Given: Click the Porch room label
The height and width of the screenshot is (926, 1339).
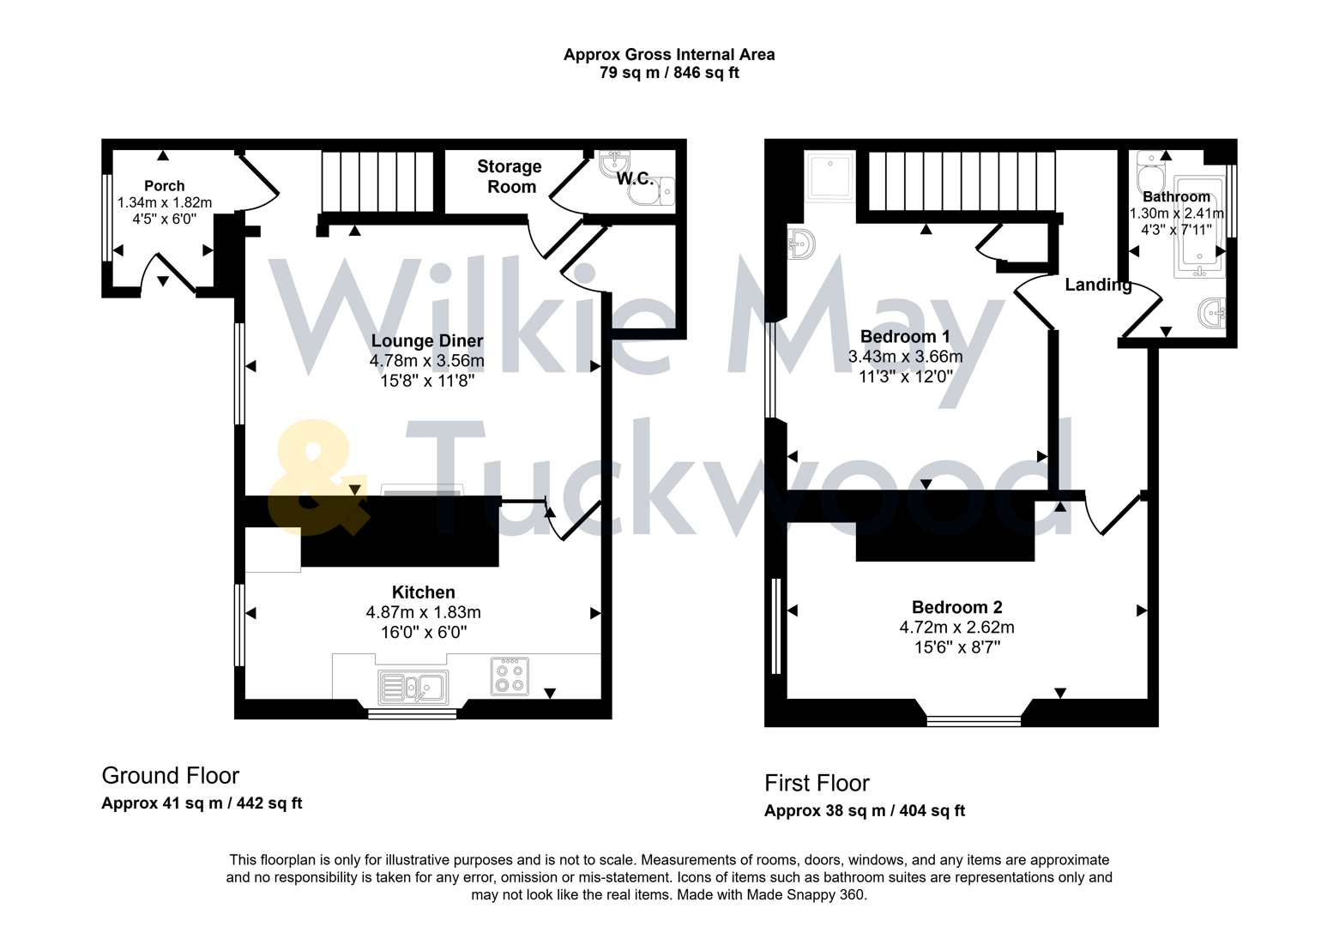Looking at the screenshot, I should point(164,185).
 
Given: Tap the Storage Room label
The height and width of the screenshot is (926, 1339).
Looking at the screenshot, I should point(510,177).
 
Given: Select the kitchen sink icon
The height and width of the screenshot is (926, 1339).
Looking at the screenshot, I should point(413,687).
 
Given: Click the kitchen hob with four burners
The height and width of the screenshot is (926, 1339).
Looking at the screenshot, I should point(510,676).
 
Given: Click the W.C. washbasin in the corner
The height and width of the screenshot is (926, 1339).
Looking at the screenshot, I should point(615,162).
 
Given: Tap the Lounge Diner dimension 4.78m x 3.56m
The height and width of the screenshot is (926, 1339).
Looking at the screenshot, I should point(426,361).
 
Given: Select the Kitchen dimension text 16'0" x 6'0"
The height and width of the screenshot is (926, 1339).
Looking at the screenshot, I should point(423,633).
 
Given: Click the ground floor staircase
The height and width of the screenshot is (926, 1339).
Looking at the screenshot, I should point(377,181).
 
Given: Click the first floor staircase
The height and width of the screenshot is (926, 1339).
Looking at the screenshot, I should point(961,181).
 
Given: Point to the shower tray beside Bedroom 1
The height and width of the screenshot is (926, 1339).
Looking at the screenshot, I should point(829,177).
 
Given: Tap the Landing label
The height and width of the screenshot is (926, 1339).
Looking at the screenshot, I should point(1097,285).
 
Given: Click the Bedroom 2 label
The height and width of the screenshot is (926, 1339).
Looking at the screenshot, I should point(956,607).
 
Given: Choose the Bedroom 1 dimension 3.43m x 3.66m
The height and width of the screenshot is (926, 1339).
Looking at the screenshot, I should point(905,357).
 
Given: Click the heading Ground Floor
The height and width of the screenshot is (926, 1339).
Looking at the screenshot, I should point(170,775).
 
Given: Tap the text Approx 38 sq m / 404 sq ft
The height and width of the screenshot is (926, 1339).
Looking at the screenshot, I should point(864,811).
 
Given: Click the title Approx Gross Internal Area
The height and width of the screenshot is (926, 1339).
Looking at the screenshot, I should point(668,54).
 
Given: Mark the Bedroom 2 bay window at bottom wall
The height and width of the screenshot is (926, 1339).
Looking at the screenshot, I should point(974,720).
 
